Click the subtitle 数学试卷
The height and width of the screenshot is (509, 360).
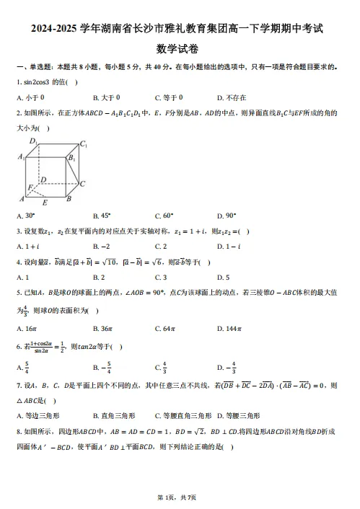[180, 49]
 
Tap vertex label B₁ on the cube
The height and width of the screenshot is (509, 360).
[71, 157]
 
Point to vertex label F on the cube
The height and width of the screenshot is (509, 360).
[30, 187]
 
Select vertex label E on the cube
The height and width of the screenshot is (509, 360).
[45, 203]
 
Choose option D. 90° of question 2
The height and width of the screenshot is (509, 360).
[227, 215]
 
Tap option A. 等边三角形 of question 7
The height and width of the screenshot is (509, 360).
[38, 415]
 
